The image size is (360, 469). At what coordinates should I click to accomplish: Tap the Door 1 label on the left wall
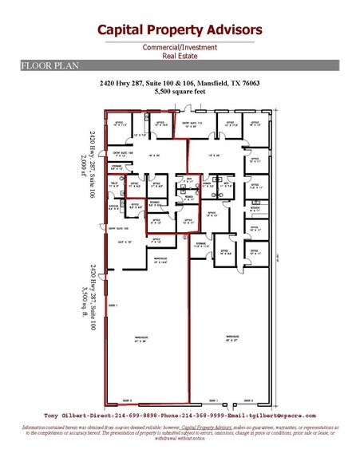click(112, 305)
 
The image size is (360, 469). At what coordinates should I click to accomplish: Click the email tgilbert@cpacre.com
click(286, 416)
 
